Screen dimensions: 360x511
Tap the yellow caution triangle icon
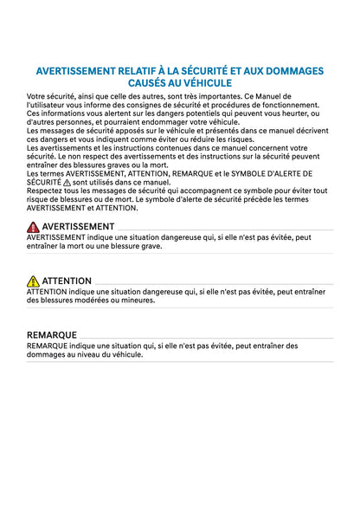33,281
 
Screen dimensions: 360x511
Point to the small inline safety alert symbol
67,183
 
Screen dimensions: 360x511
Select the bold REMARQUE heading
52,334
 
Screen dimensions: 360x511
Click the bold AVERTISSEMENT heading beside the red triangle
78,226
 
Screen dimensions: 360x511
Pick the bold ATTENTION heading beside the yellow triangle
67,281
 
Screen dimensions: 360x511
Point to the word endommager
173,121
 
